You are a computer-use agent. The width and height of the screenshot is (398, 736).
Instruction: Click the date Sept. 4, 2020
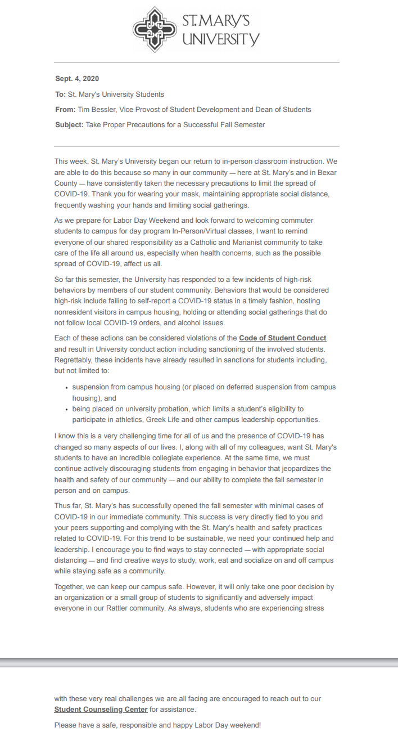click(x=77, y=79)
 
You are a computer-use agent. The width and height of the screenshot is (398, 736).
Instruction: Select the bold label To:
click(x=60, y=94)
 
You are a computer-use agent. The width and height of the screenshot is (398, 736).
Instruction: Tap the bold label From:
click(x=65, y=110)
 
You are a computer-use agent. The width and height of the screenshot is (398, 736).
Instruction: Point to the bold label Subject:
click(x=69, y=125)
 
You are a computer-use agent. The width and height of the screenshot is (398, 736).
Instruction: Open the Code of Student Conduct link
click(x=282, y=338)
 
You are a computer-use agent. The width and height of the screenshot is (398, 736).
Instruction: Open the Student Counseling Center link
click(x=101, y=710)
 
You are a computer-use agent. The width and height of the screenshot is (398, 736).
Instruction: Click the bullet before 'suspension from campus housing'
click(x=67, y=388)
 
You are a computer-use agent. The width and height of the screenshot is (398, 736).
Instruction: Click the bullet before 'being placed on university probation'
click(x=67, y=409)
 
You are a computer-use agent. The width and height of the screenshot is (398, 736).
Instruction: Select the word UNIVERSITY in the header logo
click(x=220, y=39)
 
